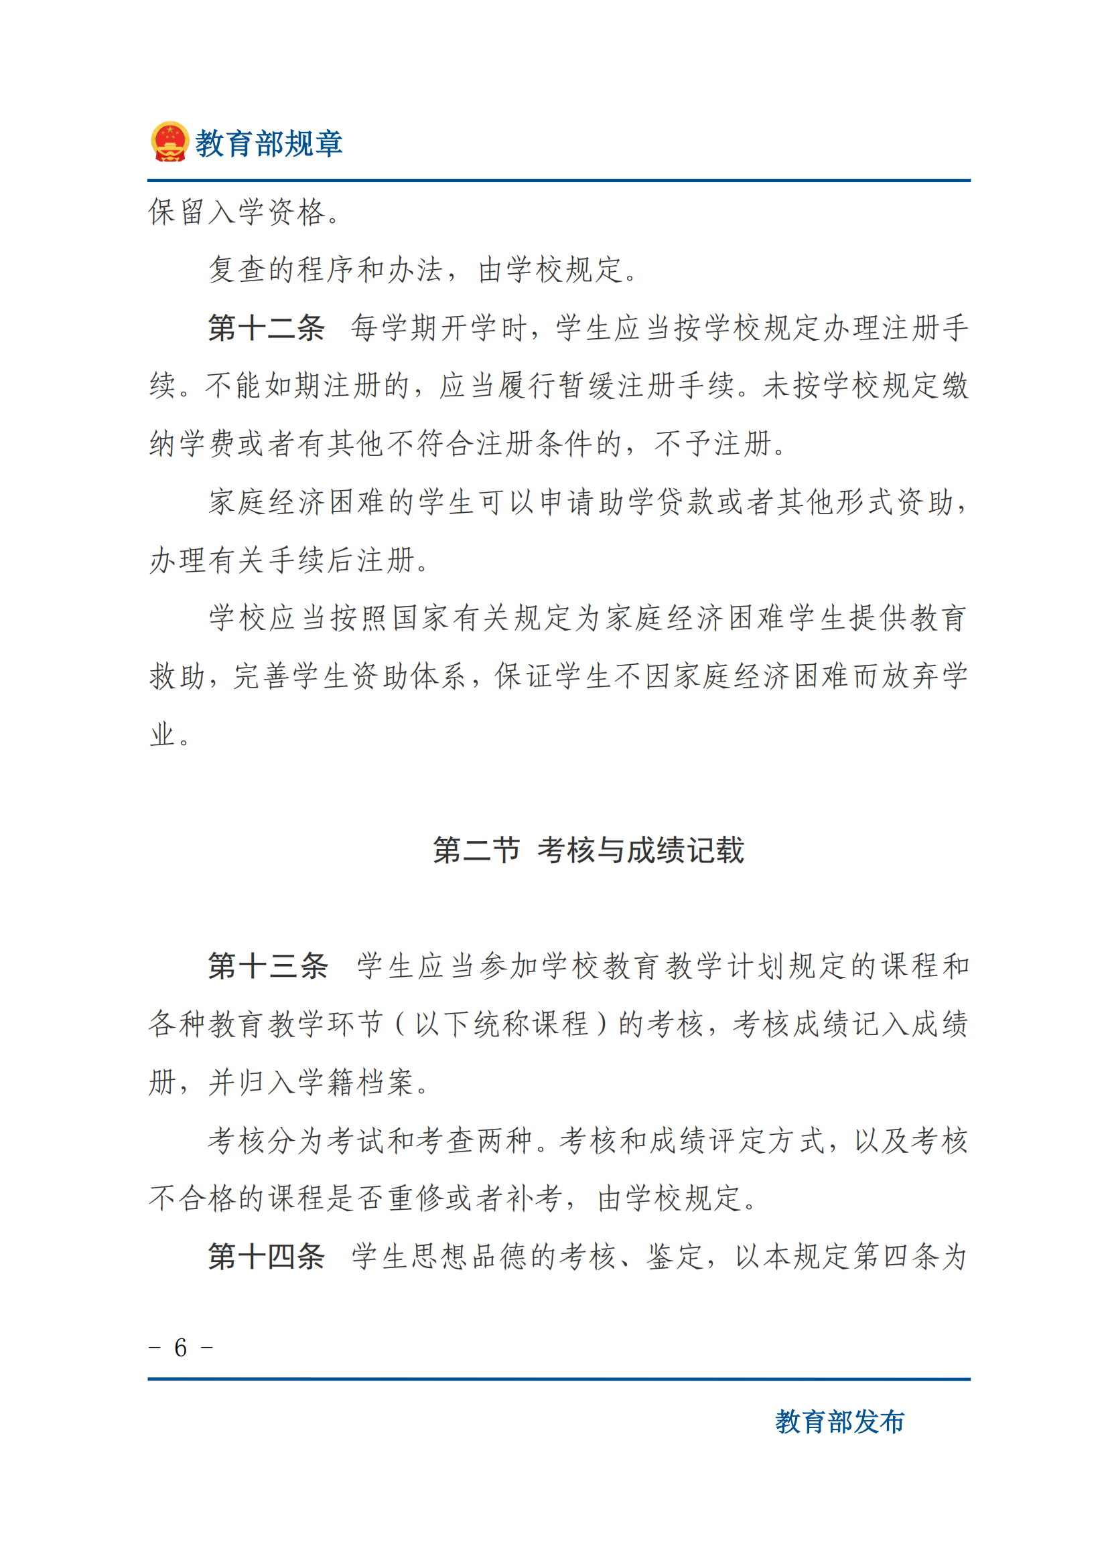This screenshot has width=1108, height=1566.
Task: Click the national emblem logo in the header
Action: click(169, 142)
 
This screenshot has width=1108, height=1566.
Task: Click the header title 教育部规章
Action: click(269, 144)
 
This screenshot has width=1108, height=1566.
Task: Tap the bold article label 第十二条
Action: click(266, 328)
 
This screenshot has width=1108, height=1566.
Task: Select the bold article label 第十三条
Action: click(267, 966)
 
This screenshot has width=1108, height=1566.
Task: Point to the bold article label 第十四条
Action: click(266, 1256)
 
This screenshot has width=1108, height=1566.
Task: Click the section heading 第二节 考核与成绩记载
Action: click(588, 850)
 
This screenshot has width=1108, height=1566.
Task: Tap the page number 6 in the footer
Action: click(181, 1348)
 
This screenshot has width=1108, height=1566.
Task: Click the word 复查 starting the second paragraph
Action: click(236, 270)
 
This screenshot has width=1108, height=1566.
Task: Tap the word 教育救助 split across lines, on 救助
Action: click(178, 677)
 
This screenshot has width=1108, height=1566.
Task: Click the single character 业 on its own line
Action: click(162, 734)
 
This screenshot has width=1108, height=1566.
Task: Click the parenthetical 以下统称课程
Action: click(502, 1024)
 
